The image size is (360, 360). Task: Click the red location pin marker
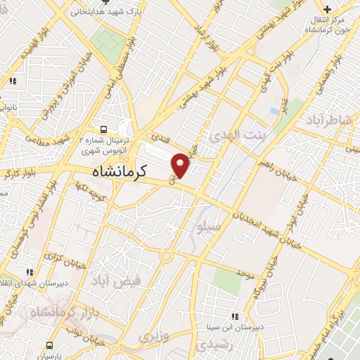pyautogui.click(x=181, y=163)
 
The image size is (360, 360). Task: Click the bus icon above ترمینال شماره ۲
pyautogui.click(x=104, y=129)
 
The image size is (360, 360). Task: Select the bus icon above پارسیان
pyautogui.click(x=49, y=345)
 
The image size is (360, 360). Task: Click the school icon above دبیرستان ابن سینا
pyautogui.click(x=235, y=316)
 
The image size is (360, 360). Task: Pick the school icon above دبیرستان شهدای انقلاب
pyautogui.click(x=29, y=271)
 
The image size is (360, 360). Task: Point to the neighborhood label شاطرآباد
pyautogui.click(x=326, y=121)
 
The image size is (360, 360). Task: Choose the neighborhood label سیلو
pyautogui.click(x=210, y=229)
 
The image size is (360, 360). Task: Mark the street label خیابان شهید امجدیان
pyautogui.click(x=259, y=221)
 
